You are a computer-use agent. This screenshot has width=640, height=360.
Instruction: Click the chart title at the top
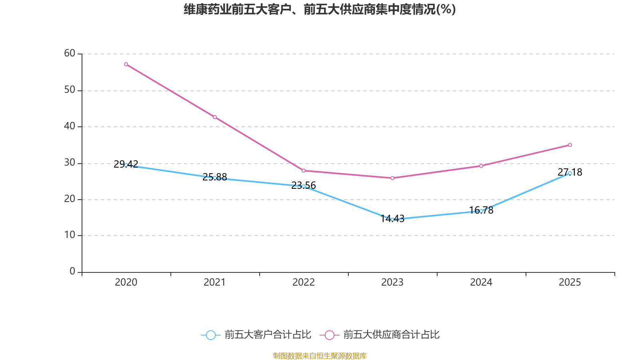click(320, 10)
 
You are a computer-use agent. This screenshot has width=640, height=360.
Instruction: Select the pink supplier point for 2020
click(126, 64)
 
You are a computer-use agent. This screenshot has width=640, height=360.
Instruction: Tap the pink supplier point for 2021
click(215, 117)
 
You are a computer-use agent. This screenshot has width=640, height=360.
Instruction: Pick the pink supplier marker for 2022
click(304, 170)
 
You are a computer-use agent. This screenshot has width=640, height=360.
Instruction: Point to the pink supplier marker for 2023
click(392, 178)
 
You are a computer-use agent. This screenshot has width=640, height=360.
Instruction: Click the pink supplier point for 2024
click(481, 166)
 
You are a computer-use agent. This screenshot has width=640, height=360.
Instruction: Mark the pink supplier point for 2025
click(570, 145)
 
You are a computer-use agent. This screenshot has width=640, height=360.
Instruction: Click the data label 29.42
click(126, 164)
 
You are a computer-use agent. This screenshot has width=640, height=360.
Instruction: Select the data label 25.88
click(215, 177)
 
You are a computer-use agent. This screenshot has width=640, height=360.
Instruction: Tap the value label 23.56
click(304, 185)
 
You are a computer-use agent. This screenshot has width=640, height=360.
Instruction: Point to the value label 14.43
click(392, 218)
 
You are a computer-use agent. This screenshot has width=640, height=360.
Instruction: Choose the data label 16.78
click(481, 210)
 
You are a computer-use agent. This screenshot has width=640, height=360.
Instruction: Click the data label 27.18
click(570, 172)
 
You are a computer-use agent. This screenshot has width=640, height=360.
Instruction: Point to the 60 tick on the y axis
click(70, 53)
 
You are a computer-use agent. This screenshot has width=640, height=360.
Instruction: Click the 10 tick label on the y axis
click(70, 235)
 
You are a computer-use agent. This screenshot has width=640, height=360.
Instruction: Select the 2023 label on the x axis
click(392, 282)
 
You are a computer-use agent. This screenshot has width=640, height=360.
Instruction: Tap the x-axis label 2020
click(126, 282)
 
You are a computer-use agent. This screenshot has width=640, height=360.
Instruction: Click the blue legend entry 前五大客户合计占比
click(256, 334)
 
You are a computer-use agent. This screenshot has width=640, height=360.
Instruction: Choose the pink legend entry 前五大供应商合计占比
click(380, 334)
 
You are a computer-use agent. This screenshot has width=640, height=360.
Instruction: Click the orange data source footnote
click(320, 356)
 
